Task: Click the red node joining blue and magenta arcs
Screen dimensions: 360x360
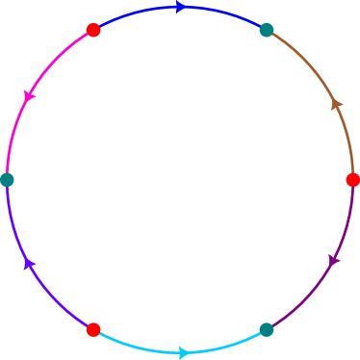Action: pyautogui.click(x=93, y=30)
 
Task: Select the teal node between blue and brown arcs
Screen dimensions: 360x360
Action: pyautogui.click(x=267, y=30)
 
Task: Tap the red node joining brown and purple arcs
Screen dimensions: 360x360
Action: pyautogui.click(x=353, y=180)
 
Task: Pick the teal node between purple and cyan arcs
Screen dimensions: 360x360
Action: pyautogui.click(x=267, y=330)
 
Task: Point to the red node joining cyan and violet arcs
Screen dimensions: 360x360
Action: pyautogui.click(x=93, y=330)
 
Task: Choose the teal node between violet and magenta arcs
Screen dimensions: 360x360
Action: pyautogui.click(x=7, y=180)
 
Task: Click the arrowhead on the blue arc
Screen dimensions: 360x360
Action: pyautogui.click(x=181, y=7)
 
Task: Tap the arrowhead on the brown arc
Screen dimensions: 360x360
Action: pyautogui.click(x=337, y=104)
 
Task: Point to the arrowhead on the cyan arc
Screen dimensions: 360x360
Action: pyautogui.click(x=183, y=353)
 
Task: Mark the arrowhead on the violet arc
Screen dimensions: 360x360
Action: pyautogui.click(x=29, y=263)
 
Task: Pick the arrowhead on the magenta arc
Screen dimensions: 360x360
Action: pyautogui.click(x=29, y=96)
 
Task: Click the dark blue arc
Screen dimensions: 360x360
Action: pyautogui.click(x=135, y=13)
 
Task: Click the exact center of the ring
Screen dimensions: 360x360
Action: pyautogui.click(x=180, y=180)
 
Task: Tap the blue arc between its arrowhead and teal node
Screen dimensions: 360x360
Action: pyautogui.click(x=226, y=13)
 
